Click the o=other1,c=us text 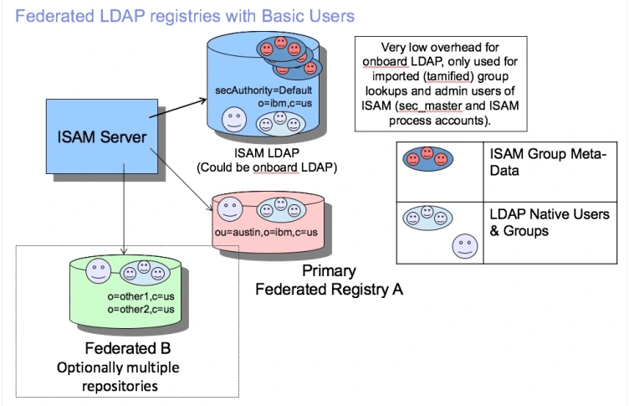(x=141, y=297)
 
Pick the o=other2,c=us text (x=141, y=310)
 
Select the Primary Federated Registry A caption (x=329, y=280)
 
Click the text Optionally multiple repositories (x=118, y=376)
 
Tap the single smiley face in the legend (x=464, y=246)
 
